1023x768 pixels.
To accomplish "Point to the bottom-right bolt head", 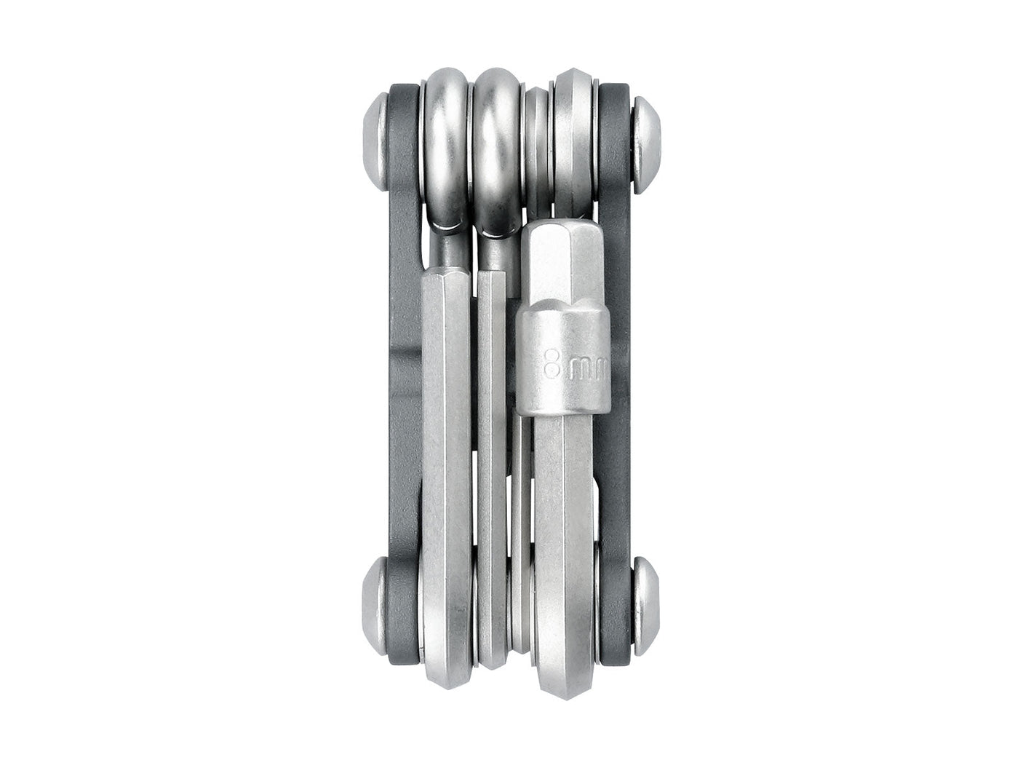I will tap(647, 606).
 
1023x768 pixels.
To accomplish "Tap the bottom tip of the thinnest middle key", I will tap(521, 644).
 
